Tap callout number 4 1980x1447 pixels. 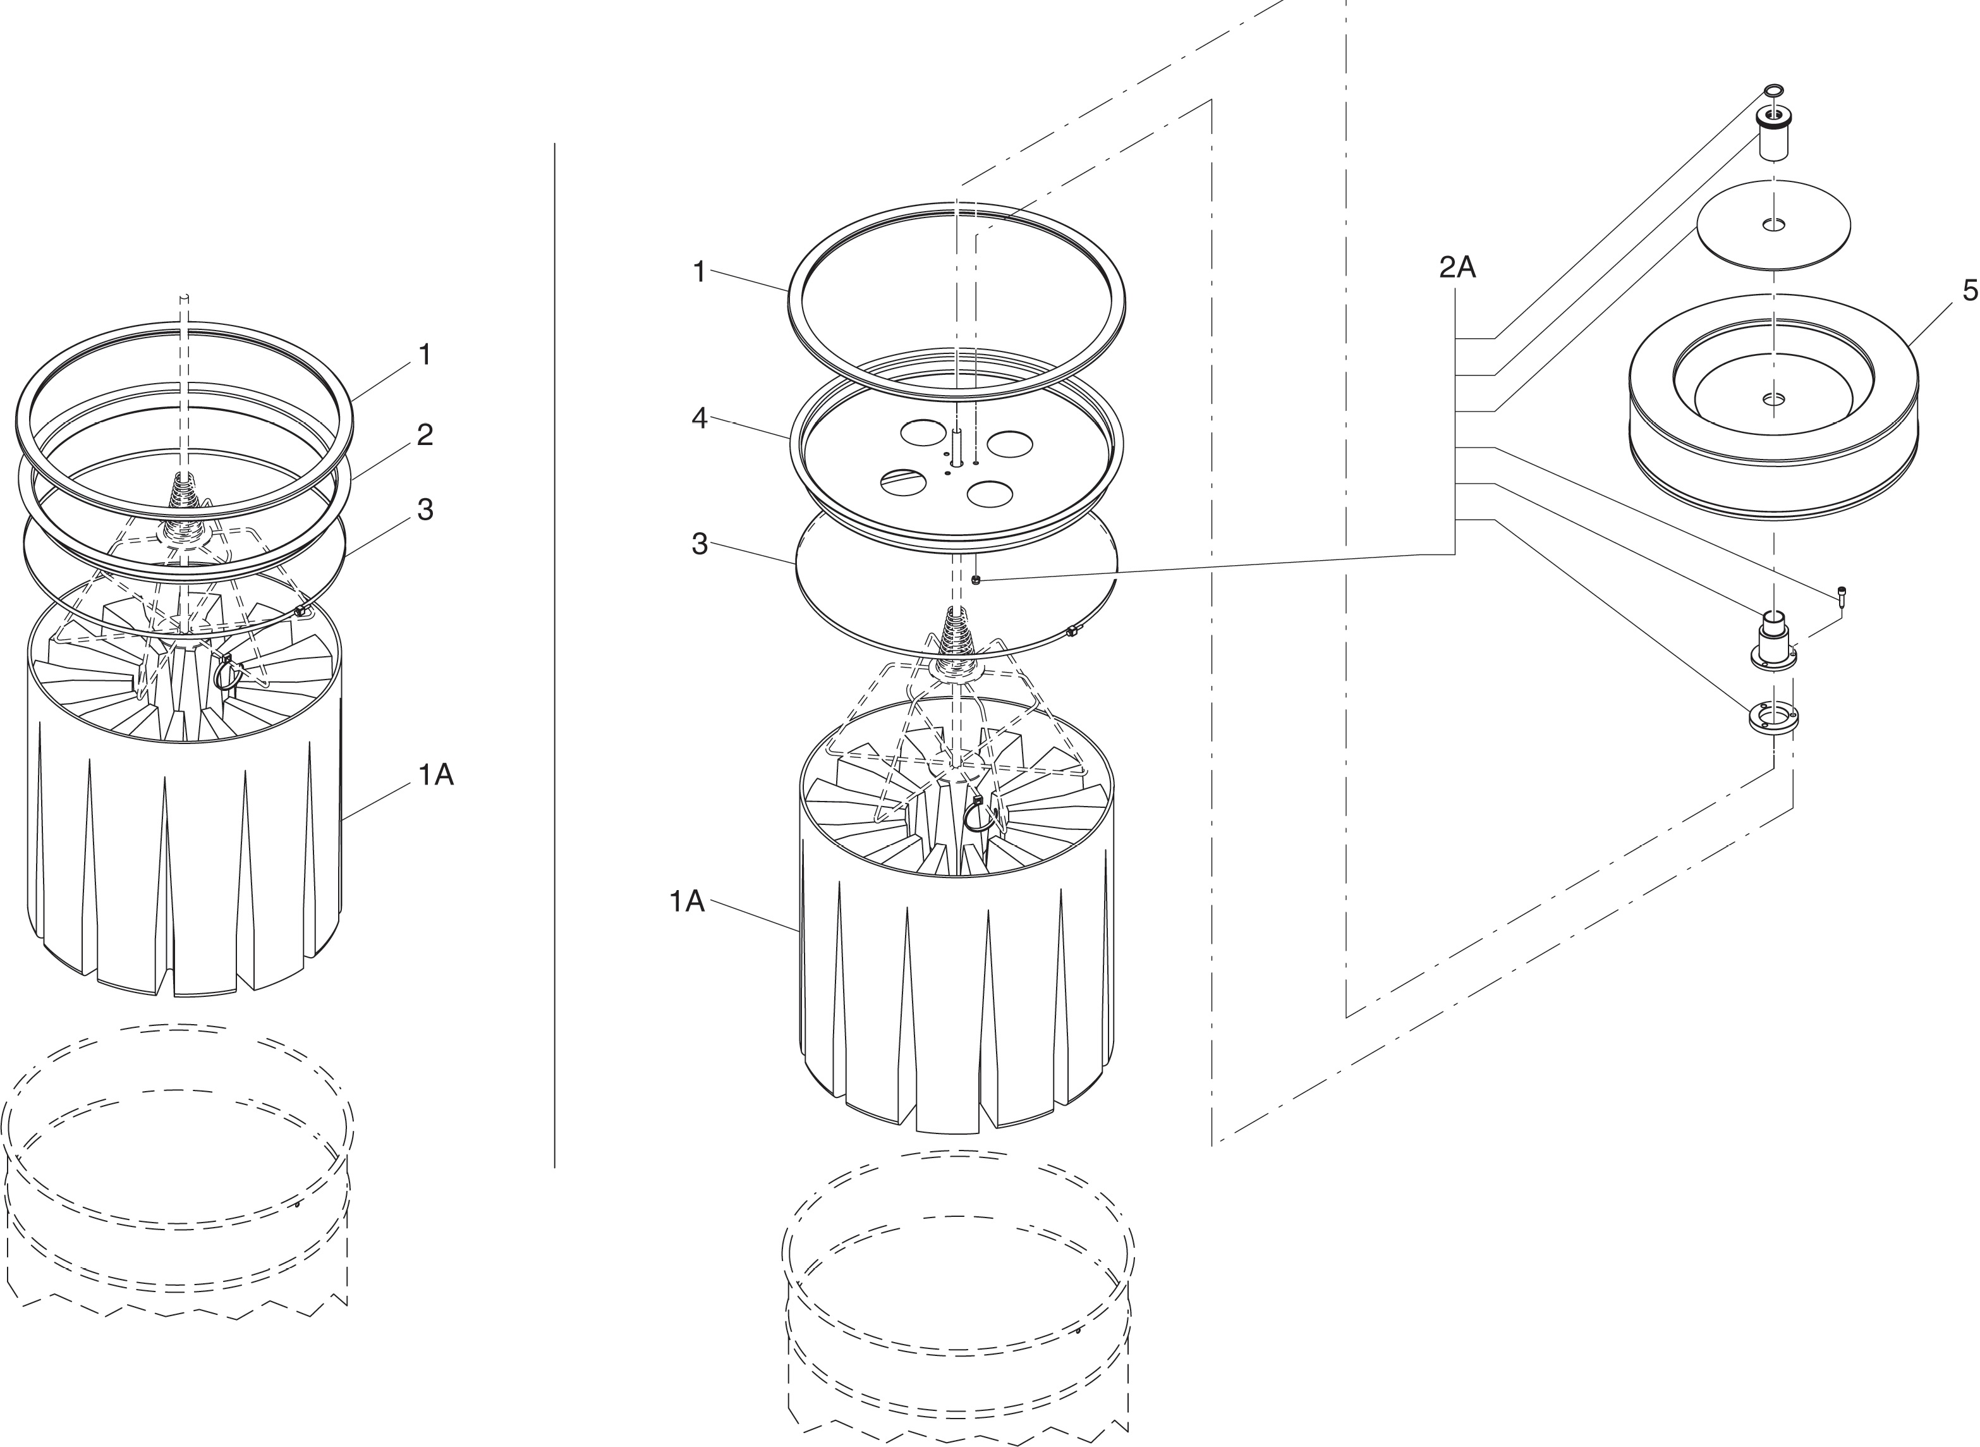click(x=699, y=418)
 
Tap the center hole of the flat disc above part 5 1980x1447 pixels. click(x=1773, y=226)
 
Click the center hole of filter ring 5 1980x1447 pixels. click(x=1773, y=400)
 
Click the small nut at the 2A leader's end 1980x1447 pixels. click(x=976, y=580)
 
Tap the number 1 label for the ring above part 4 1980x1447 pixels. click(x=699, y=272)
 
